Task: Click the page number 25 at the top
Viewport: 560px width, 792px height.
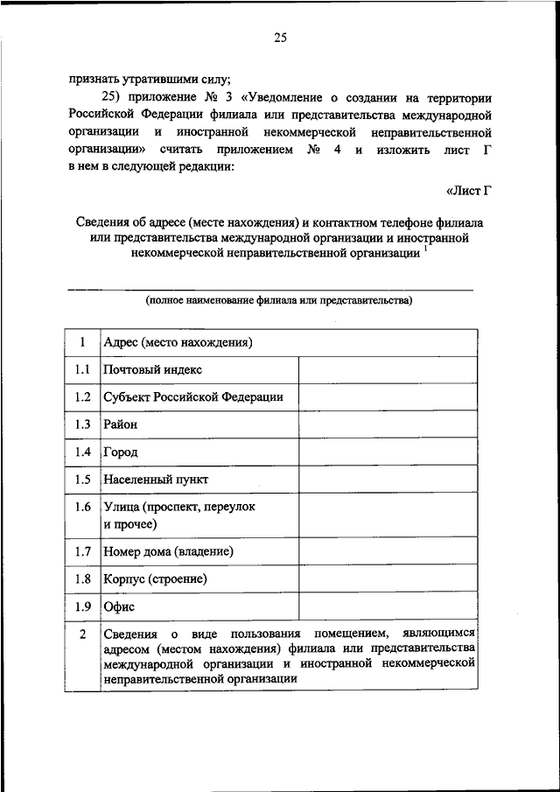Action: [279, 37]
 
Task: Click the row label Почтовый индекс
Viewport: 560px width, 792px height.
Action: [152, 369]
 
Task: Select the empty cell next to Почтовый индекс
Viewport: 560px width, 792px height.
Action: [388, 369]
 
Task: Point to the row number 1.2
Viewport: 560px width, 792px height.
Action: [82, 396]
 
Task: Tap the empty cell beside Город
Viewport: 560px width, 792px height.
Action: [388, 452]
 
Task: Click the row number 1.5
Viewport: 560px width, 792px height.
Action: [82, 480]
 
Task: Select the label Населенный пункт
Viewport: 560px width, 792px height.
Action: [156, 480]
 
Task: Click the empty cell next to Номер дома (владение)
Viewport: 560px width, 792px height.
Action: [388, 551]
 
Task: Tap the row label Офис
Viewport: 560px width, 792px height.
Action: [119, 606]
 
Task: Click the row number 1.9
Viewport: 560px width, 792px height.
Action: [82, 606]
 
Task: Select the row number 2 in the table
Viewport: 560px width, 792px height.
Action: [82, 634]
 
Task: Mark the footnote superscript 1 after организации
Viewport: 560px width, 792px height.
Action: [426, 249]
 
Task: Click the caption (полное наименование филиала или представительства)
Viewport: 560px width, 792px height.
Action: [279, 300]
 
